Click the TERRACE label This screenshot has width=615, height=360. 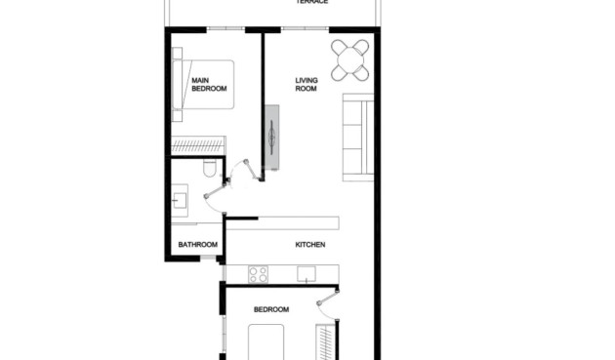(312, 3)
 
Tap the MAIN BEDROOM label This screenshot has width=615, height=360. (209, 85)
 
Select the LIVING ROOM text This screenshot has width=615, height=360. (308, 85)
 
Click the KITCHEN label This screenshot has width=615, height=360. (309, 244)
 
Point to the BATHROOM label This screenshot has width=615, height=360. (196, 244)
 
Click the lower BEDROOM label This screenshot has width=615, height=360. (271, 309)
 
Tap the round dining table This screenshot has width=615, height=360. (350, 60)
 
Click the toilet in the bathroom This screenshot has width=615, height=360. (208, 172)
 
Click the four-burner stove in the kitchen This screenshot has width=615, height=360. (259, 273)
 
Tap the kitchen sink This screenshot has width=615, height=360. (308, 275)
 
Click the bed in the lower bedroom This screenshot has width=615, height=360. (269, 343)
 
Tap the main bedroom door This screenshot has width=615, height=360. (254, 166)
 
